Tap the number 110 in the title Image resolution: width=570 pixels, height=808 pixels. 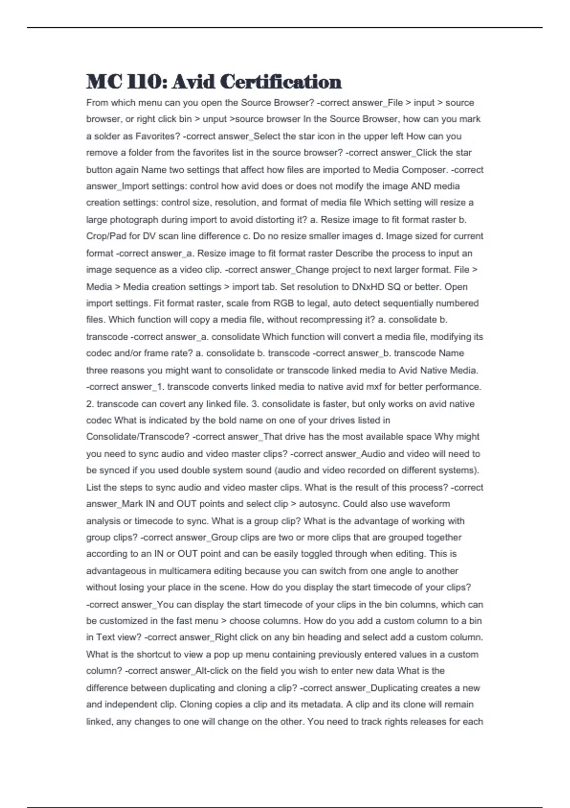(x=144, y=82)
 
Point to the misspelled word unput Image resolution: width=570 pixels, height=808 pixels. (x=215, y=119)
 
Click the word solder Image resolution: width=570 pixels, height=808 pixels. (x=107, y=136)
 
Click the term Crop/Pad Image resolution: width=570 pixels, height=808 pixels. (x=107, y=236)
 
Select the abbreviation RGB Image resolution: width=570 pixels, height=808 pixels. (x=284, y=303)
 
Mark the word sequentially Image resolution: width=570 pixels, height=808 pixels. (x=404, y=303)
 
